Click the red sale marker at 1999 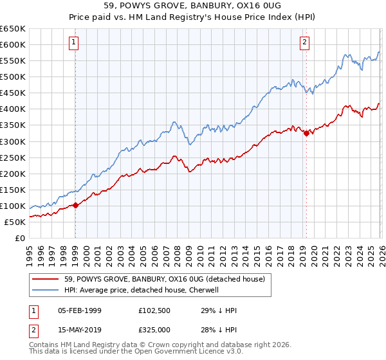75,205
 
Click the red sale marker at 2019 306,133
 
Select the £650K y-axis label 12,29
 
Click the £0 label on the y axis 19,239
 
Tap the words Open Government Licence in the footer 184,353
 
